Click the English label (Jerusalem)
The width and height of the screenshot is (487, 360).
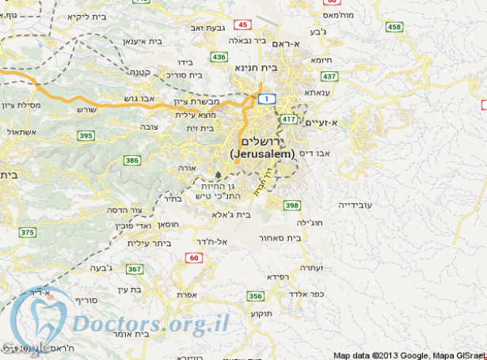click(262, 153)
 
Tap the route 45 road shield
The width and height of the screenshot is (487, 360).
click(242, 25)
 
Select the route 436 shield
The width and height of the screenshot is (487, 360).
click(219, 57)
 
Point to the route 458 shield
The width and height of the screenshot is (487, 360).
click(394, 28)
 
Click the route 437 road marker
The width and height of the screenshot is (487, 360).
click(330, 77)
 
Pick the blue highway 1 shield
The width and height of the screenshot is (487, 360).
click(268, 97)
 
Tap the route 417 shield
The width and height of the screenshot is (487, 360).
click(288, 119)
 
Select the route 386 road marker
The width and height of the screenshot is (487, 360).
click(131, 161)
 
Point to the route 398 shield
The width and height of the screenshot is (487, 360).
click(292, 206)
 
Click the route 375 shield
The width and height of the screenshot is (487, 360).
click(28, 233)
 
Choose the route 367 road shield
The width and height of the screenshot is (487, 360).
click(135, 269)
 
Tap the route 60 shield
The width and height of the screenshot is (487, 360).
click(195, 258)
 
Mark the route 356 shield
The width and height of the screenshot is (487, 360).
click(255, 296)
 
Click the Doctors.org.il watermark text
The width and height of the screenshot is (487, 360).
click(150, 322)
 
